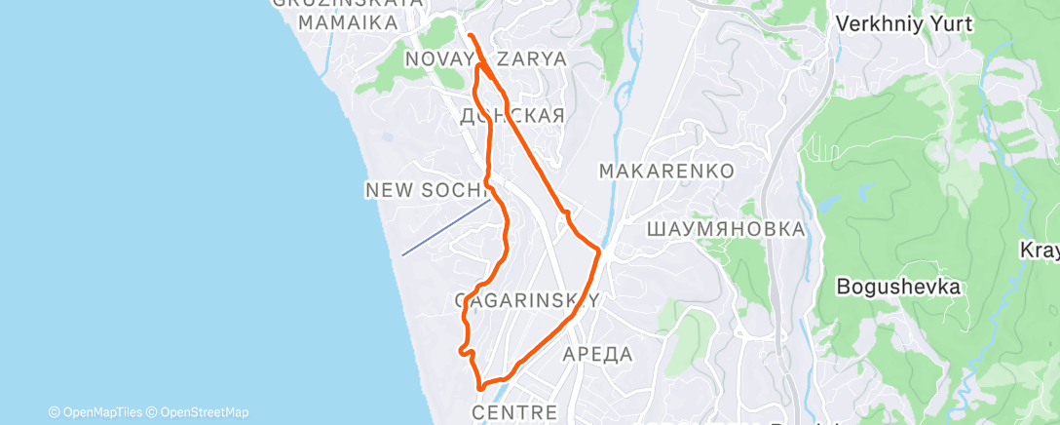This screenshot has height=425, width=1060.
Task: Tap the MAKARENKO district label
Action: coord(665,171)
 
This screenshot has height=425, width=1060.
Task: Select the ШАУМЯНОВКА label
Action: coord(726,229)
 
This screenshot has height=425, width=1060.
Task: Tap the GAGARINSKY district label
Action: coord(526,300)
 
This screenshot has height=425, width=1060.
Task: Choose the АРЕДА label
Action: coord(598,354)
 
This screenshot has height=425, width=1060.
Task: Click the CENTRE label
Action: coord(514,413)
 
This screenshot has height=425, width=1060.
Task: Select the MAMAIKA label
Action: coord(347,21)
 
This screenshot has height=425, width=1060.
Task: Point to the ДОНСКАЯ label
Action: coord(511,116)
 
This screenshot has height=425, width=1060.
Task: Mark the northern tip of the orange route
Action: coord(470,35)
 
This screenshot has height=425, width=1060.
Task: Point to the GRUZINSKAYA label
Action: coord(347,3)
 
